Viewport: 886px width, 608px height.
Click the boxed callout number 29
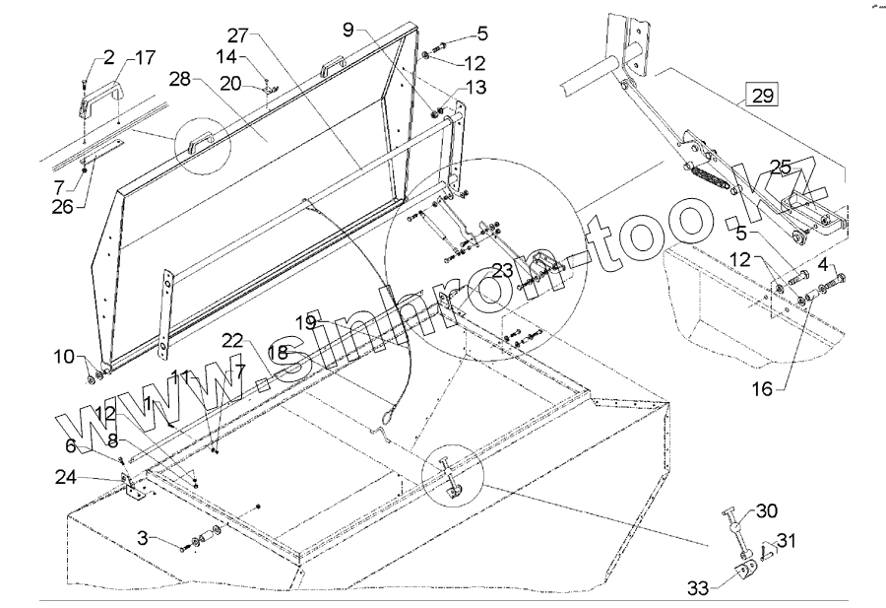(763, 96)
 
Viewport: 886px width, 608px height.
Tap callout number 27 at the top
(239, 31)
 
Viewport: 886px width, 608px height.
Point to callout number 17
(144, 58)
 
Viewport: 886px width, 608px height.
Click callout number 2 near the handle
(108, 58)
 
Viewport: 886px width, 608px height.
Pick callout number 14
(227, 58)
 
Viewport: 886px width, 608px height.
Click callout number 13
(475, 89)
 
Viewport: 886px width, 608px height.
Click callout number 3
(144, 537)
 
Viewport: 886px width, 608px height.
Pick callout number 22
(231, 339)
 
